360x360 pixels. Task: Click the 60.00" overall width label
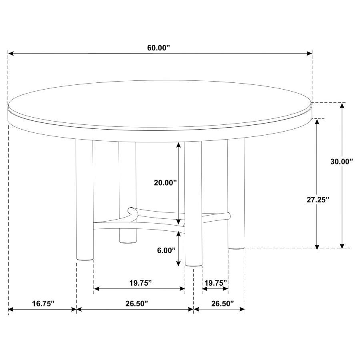point(158,48)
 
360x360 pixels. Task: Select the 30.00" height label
point(342,162)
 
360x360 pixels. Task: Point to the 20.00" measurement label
point(165,183)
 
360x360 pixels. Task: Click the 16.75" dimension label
point(43,304)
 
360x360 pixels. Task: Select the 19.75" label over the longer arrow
point(140,283)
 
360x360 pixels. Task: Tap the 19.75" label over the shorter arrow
point(216,283)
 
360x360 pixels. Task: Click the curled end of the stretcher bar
point(131,210)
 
